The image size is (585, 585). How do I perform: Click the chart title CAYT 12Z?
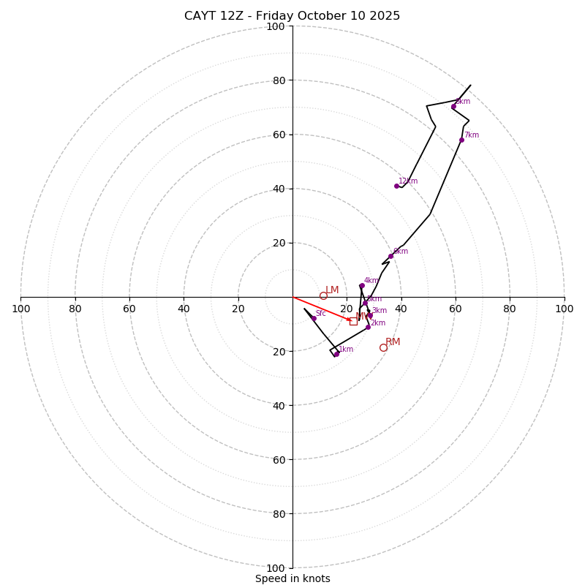(x=292, y=16)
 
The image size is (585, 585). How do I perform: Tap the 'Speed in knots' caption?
(x=292, y=578)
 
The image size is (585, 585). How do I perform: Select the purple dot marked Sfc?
(x=314, y=318)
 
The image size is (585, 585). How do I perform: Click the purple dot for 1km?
(x=336, y=354)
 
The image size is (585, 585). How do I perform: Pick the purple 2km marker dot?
(x=368, y=327)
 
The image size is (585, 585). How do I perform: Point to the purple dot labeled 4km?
(x=361, y=286)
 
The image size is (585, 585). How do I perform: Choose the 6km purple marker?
(x=390, y=256)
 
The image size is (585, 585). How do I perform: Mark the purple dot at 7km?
(x=461, y=140)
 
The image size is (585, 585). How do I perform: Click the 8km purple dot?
(x=453, y=107)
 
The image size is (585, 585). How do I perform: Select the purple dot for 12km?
(x=396, y=186)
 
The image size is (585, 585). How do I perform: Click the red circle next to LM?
(x=323, y=295)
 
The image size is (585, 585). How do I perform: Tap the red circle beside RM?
(x=383, y=347)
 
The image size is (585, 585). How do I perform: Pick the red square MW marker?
(x=353, y=321)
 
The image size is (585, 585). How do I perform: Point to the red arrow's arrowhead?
(x=350, y=319)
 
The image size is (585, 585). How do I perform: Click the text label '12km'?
(x=408, y=181)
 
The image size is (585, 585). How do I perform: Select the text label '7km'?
(x=472, y=135)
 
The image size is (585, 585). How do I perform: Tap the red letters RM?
(x=393, y=342)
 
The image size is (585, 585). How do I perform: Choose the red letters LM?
(x=332, y=290)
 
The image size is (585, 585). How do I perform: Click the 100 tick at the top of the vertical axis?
(x=276, y=27)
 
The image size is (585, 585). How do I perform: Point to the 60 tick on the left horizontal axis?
(x=129, y=309)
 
